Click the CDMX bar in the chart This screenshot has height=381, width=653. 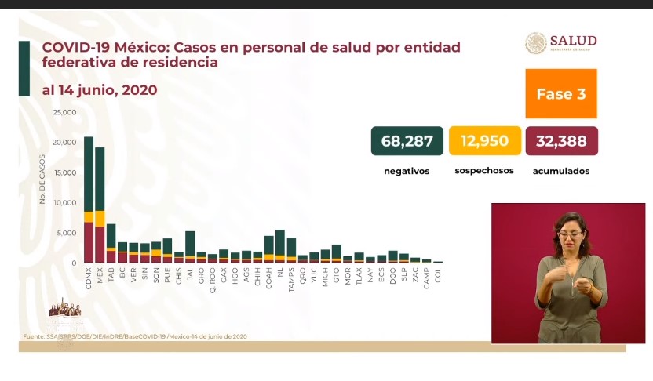click(x=89, y=200)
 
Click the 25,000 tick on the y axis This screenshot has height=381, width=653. click(x=64, y=112)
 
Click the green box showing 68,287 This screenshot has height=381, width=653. click(x=407, y=141)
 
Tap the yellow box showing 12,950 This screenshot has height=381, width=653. click(x=484, y=141)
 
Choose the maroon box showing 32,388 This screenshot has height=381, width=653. click(x=561, y=141)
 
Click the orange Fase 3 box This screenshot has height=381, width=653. click(x=560, y=93)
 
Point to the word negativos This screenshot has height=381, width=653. click(x=406, y=170)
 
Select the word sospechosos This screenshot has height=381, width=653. click(x=483, y=170)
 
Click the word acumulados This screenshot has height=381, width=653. click(x=560, y=170)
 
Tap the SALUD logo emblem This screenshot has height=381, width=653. click(x=536, y=43)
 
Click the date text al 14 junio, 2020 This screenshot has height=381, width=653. click(x=99, y=90)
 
